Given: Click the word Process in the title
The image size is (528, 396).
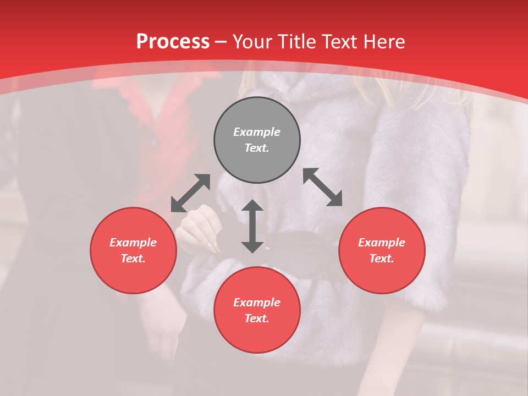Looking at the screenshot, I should coord(173,42).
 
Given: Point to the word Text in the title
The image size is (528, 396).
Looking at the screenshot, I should coord(342,42).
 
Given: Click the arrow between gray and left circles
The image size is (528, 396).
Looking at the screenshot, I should coord(190,193).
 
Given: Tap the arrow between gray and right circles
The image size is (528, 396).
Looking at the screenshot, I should coord(322,187).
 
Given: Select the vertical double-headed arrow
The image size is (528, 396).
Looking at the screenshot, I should coord(252,226).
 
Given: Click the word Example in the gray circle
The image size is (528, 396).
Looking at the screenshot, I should coord(257,132).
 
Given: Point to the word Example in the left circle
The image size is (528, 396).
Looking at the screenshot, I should coord(133,243).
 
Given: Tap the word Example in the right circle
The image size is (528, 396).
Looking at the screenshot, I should coord(382,243).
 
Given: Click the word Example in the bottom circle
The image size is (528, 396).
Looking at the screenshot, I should coord(257,302).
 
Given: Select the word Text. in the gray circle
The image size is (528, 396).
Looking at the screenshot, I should coord(257,148).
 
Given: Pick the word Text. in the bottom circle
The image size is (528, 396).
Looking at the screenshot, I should coord(257,318).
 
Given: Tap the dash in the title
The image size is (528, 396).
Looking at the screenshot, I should coord(221,42).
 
